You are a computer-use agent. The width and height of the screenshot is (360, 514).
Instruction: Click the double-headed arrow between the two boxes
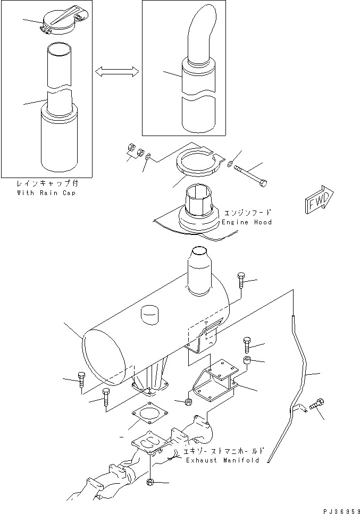pos(116,71)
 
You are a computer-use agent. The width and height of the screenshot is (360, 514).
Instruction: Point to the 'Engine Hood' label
pos(246,222)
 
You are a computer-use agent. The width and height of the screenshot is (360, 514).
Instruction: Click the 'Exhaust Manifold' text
pos(223,460)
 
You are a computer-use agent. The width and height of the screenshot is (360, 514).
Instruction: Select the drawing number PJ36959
pos(337,508)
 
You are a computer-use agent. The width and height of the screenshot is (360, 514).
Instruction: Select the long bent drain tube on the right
pos(302,372)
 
